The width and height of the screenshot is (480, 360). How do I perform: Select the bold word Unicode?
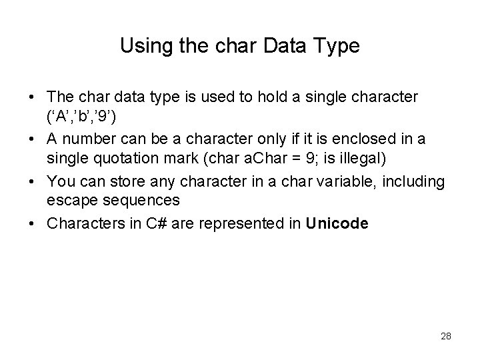pos(337,223)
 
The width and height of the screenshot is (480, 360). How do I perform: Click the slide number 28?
pos(445,336)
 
